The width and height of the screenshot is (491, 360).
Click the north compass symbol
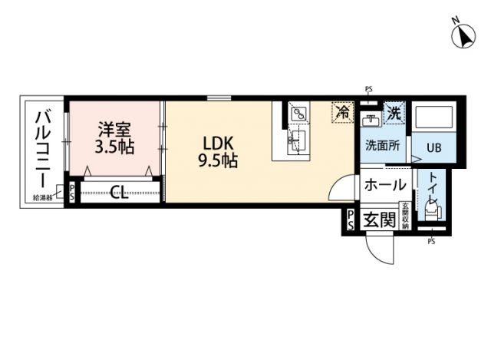click(x=463, y=35)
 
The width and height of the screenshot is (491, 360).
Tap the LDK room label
click(x=218, y=143)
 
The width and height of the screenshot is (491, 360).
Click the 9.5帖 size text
click(x=219, y=161)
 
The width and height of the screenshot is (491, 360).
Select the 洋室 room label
click(x=114, y=128)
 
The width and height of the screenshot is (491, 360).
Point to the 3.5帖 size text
click(x=114, y=146)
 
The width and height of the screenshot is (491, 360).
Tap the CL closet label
click(x=118, y=192)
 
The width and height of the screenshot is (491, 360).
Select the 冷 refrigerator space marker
click(x=342, y=113)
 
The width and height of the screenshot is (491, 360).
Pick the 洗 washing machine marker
click(x=394, y=113)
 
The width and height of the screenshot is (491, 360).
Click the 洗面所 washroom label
click(x=382, y=145)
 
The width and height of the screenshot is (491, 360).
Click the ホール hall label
click(x=381, y=184)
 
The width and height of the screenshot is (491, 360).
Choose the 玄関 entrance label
click(x=379, y=221)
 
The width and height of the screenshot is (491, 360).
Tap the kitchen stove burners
click(x=298, y=114)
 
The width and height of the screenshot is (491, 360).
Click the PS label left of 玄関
click(x=351, y=220)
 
